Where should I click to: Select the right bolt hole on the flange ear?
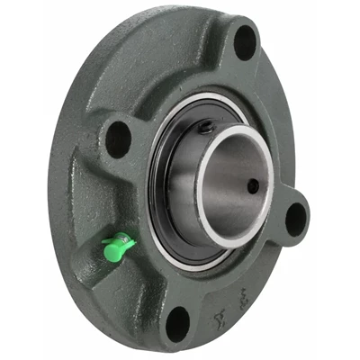pyautogui.click(x=295, y=217)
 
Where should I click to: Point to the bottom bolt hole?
pyautogui.click(x=178, y=323)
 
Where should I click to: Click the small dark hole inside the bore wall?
pyautogui.click(x=253, y=185)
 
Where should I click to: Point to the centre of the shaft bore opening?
pyautogui.click(x=235, y=184)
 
